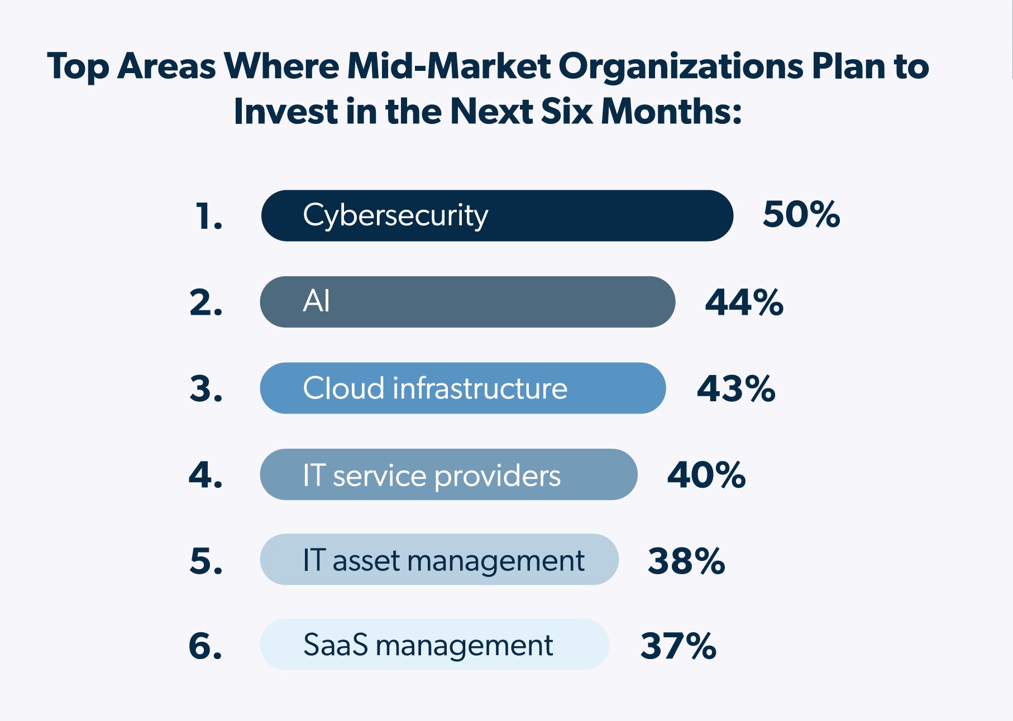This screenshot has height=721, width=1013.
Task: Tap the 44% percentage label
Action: [744, 302]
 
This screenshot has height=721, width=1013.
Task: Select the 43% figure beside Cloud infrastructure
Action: [735, 388]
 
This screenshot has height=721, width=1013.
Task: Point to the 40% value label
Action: [706, 475]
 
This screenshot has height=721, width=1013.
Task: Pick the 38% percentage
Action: [686, 561]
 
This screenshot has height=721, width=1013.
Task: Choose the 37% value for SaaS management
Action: [677, 646]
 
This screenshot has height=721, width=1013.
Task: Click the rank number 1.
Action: [208, 217]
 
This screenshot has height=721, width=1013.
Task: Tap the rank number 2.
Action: [206, 303]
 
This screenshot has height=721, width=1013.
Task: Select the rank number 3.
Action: [206, 389]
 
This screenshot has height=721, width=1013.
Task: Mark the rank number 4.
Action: [206, 475]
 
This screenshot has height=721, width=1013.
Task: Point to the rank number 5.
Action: [206, 561]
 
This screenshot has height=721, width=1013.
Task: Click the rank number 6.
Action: [206, 646]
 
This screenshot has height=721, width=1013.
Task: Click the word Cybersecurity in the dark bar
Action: [395, 216]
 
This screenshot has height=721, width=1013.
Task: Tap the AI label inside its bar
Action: [316, 301]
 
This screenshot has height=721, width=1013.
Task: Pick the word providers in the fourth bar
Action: [497, 477]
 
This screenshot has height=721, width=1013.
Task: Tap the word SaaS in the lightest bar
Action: [336, 645]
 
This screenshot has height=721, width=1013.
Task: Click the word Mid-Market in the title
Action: [449, 66]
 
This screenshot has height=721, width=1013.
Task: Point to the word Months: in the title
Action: [671, 111]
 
